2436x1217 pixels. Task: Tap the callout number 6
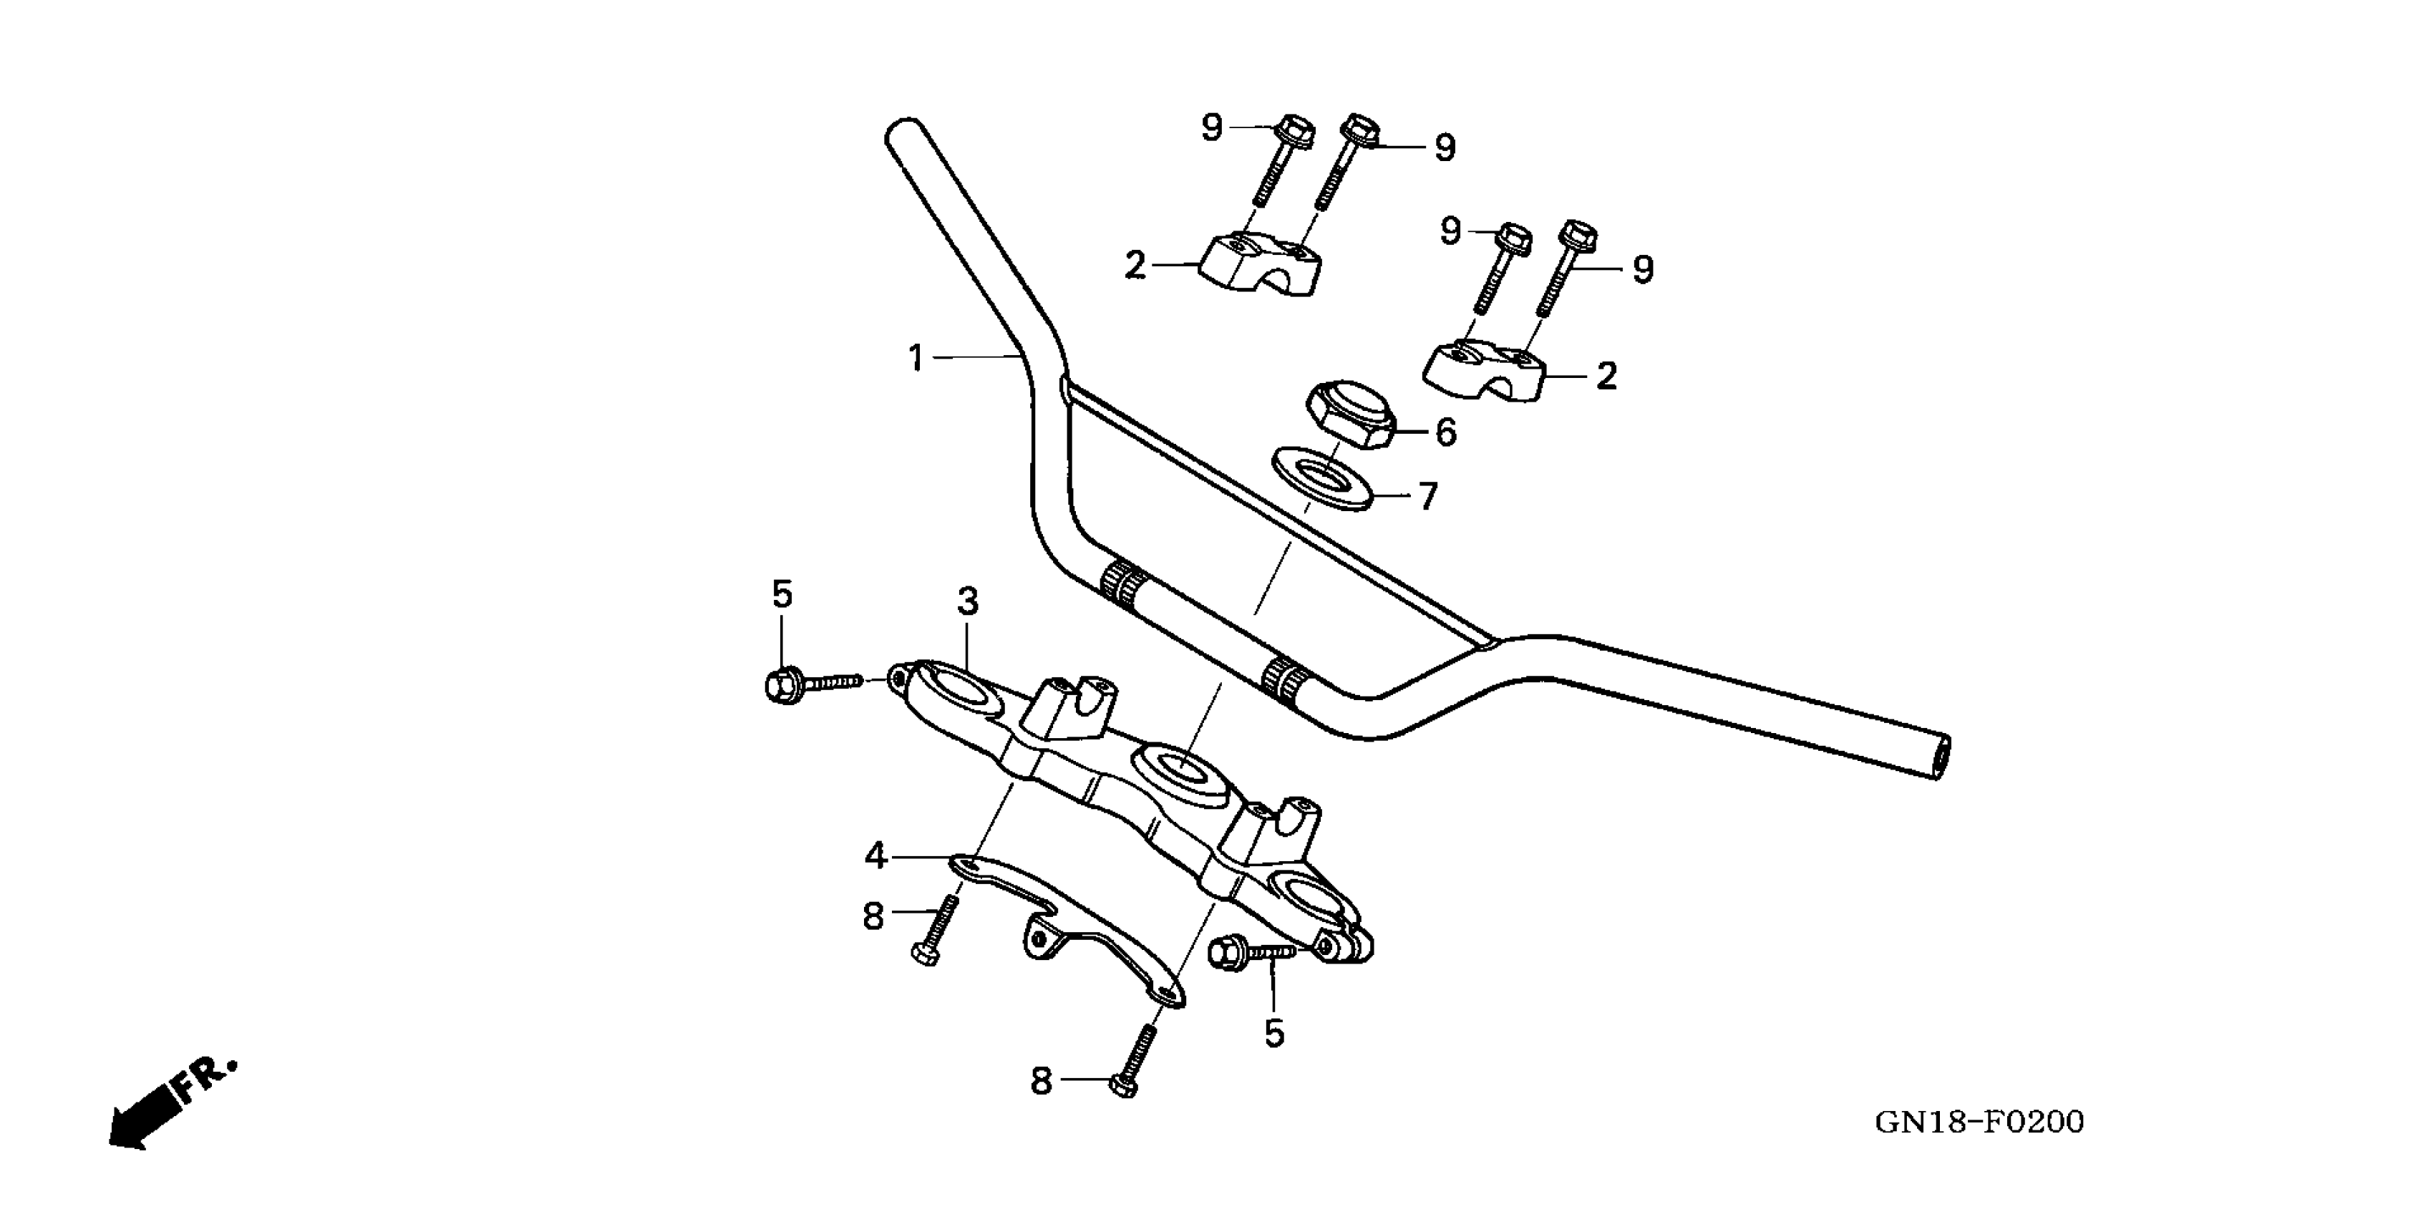pyautogui.click(x=1446, y=433)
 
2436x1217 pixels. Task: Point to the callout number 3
pyautogui.click(x=966, y=601)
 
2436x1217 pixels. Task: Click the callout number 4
pyautogui.click(x=875, y=857)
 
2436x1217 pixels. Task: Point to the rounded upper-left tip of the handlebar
pyautogui.click(x=903, y=132)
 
